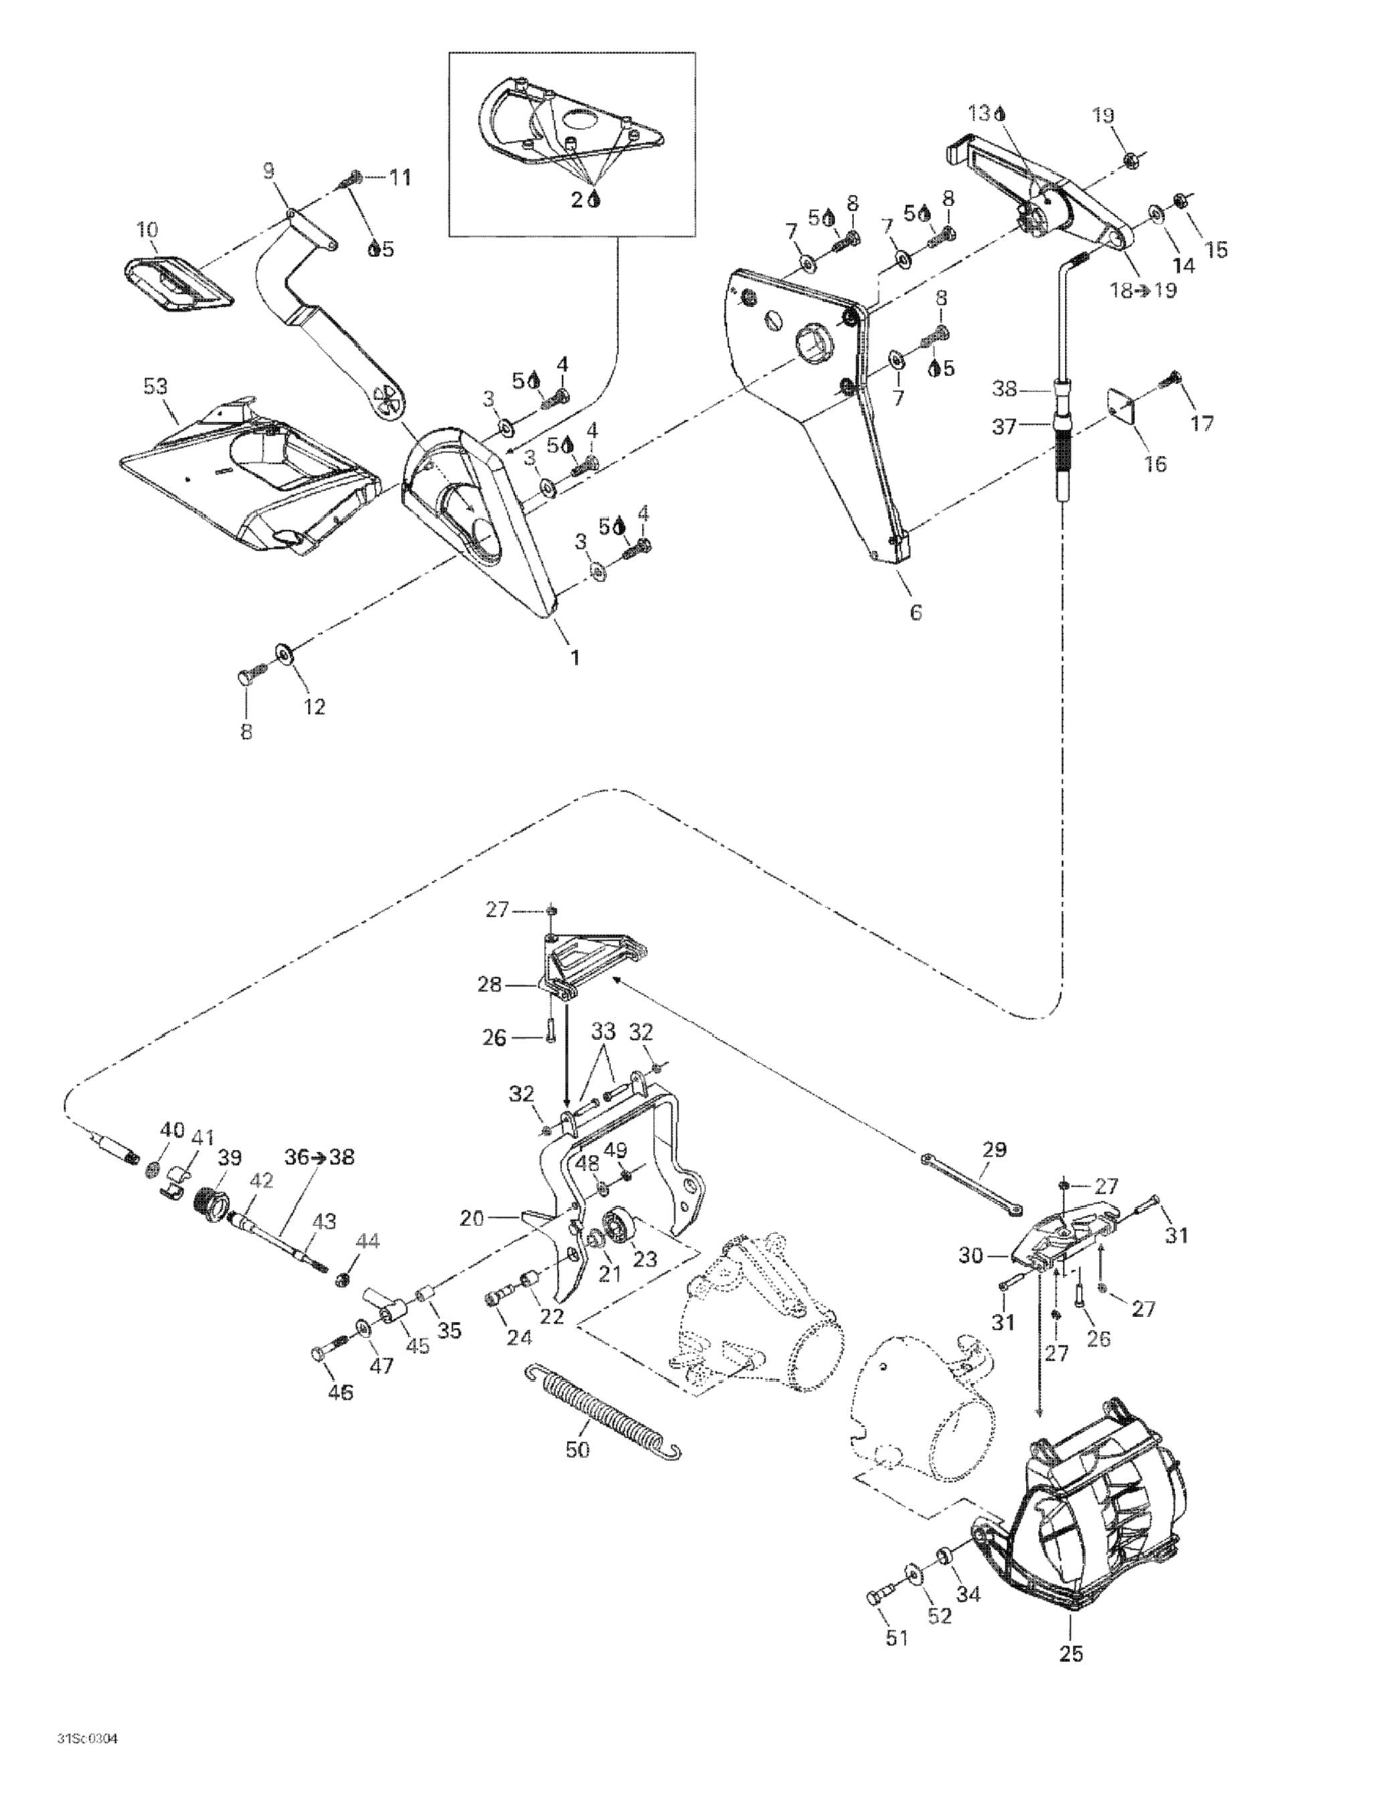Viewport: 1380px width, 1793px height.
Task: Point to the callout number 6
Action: coord(916,612)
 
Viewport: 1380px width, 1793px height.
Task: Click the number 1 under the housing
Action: coord(576,657)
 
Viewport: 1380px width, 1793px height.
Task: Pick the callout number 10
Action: coord(148,229)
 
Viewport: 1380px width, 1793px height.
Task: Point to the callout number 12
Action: coord(315,706)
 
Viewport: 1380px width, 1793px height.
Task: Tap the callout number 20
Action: coord(472,1219)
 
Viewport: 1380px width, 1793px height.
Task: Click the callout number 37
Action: coord(1004,427)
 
